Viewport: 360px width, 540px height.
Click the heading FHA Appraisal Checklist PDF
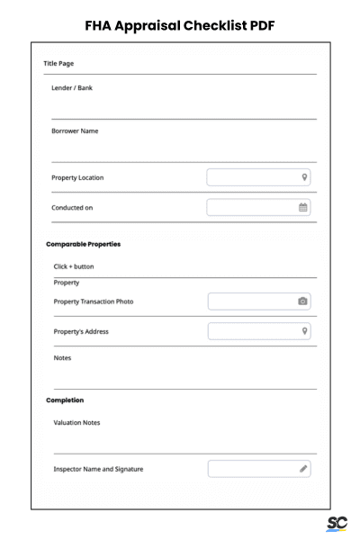[x=180, y=25]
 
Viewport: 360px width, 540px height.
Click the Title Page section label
[x=59, y=64]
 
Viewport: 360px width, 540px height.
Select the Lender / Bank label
[x=72, y=88]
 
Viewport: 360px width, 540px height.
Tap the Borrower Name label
[x=75, y=131]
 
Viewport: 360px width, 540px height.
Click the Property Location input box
[x=252, y=177]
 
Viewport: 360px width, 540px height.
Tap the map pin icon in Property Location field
[x=305, y=177]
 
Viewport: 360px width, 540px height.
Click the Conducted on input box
[x=252, y=208]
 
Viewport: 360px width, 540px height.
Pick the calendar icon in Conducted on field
[x=303, y=208]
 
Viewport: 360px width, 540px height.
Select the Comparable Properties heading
[x=83, y=244]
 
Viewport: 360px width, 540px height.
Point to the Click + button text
[x=74, y=266]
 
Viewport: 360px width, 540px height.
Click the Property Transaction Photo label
[x=94, y=301]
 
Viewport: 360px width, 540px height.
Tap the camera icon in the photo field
[x=303, y=301]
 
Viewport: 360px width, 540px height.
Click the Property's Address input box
[x=252, y=331]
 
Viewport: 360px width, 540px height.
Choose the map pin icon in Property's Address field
[x=305, y=331]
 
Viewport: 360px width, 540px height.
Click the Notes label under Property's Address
[x=62, y=358]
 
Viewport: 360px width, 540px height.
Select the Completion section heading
[x=65, y=400]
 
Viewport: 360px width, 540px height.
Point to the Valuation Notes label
[x=77, y=422]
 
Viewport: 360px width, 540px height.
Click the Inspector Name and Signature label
[x=98, y=469]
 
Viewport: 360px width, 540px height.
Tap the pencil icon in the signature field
[x=303, y=469]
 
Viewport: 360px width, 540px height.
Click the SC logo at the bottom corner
[x=337, y=524]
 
